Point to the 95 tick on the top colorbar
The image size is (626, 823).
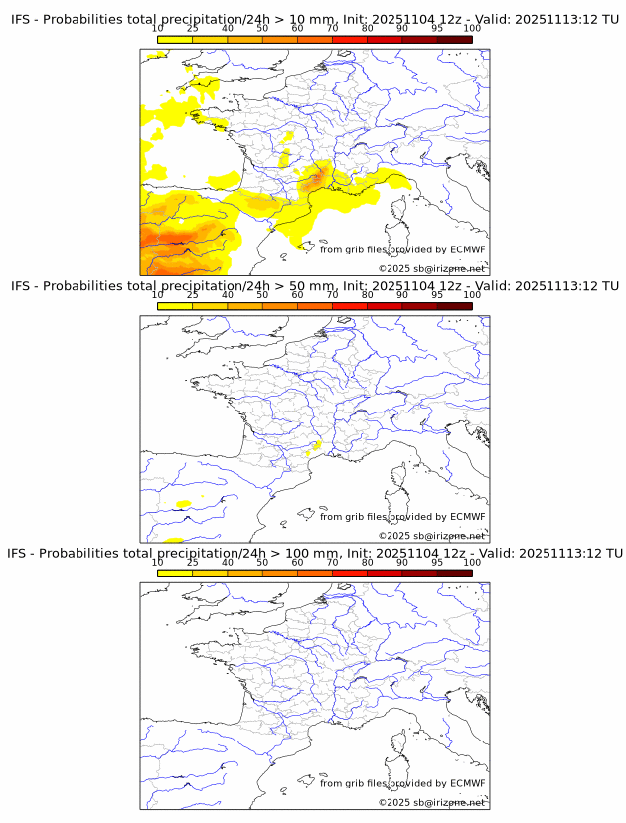tap(437, 29)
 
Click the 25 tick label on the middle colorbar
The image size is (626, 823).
tap(192, 295)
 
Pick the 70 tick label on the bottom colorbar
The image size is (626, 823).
tap(332, 562)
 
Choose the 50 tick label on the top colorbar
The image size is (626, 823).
tap(262, 29)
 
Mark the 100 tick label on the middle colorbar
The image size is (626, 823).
tap(472, 295)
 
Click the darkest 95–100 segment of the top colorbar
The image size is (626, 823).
tap(454, 39)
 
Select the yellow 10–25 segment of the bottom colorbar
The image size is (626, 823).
tap(174, 573)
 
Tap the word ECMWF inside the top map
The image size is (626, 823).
tap(467, 249)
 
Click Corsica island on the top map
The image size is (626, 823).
tap(398, 210)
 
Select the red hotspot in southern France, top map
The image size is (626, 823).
tap(317, 178)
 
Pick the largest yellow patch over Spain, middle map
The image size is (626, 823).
tap(183, 504)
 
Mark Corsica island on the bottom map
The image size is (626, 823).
tap(398, 743)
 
